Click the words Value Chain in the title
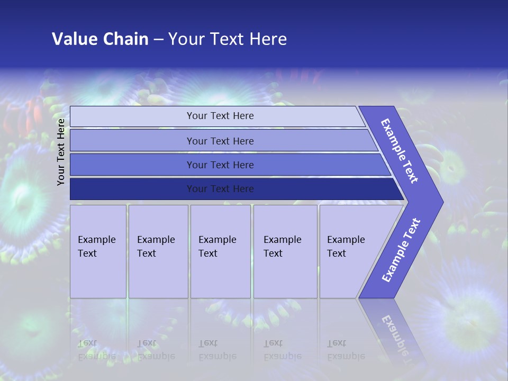coord(100,39)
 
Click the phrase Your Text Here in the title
coord(228,39)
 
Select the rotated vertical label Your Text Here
coord(61,152)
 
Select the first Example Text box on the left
coord(98,251)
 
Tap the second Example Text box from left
coord(158,251)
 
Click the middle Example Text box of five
coord(220,251)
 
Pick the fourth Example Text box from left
coord(285,251)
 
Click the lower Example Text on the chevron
coord(401,250)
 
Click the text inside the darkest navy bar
coord(220,189)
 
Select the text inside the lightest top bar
coord(220,116)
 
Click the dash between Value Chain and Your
coord(158,40)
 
